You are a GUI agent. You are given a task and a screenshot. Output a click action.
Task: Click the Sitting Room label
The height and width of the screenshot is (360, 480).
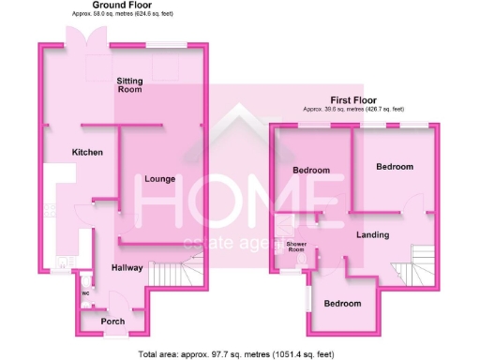[129, 86]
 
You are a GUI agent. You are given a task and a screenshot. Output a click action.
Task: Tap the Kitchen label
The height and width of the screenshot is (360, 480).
[88, 152]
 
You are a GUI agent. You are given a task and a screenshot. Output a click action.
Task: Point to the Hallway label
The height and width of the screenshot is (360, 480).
[128, 268]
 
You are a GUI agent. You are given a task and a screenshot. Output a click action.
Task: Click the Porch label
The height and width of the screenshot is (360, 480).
[112, 322]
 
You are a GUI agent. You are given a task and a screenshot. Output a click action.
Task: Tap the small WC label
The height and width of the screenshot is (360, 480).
[85, 292]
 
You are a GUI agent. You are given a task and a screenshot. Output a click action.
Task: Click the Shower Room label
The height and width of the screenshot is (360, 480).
[296, 247]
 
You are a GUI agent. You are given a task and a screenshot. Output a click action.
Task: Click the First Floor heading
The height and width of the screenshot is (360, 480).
[353, 98]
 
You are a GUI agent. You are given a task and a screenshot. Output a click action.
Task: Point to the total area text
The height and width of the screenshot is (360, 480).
[233, 353]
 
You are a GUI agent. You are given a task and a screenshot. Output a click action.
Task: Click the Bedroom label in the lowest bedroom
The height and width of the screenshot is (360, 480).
[343, 304]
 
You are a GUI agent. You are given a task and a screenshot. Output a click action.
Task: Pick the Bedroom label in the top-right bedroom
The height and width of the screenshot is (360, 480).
[395, 166]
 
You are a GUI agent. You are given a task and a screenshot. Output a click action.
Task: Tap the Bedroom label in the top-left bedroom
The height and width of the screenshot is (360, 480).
[310, 171]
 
